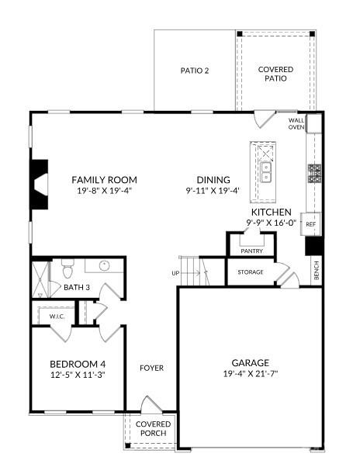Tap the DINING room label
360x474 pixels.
(213, 178)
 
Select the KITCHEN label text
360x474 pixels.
(271, 212)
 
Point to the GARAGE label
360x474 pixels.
(251, 362)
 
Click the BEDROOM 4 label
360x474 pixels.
(77, 364)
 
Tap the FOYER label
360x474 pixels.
(151, 368)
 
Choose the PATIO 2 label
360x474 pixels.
(195, 71)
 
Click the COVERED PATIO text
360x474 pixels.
(275, 74)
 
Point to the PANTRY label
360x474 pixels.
(251, 251)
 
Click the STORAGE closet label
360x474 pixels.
(251, 272)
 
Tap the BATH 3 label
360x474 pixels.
(77, 288)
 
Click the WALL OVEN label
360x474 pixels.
(296, 124)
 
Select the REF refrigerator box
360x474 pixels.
(310, 224)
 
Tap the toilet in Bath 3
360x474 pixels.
(66, 271)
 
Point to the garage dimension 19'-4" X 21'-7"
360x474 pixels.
(251, 374)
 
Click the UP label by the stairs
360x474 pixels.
(175, 273)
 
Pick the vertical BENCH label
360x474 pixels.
(316, 270)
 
